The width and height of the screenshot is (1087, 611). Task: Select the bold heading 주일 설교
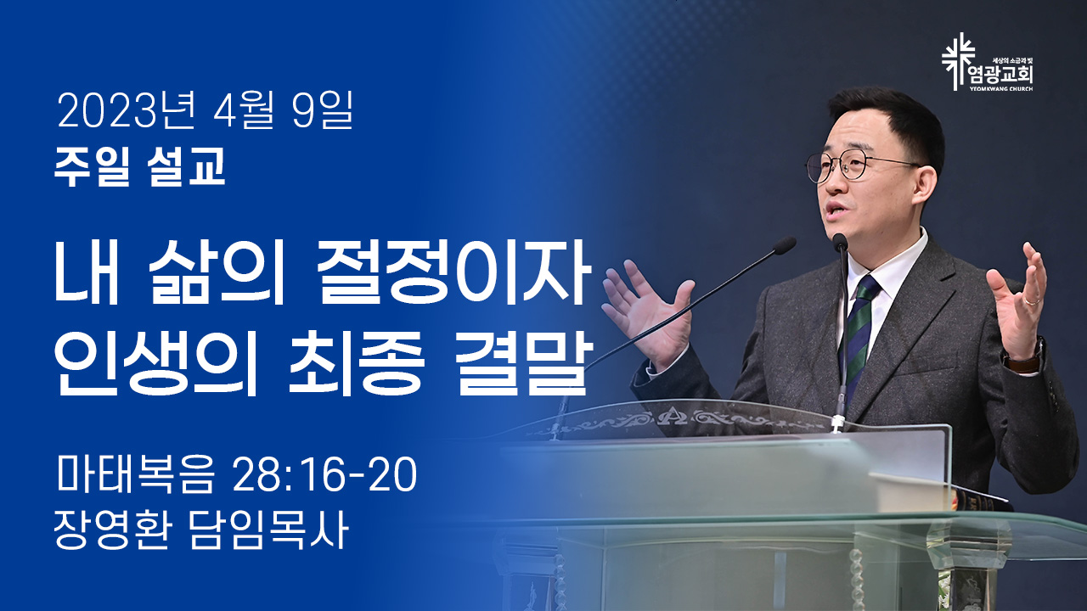[x=140, y=166]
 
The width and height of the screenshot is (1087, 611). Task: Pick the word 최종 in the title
[x=355, y=366]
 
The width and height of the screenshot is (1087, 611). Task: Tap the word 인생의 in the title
[x=155, y=366]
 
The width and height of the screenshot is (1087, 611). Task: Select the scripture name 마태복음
[x=134, y=474]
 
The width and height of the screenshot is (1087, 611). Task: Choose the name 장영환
[x=112, y=530]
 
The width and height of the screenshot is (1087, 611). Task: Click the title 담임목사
[x=268, y=530]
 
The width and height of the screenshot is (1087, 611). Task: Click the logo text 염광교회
[x=1000, y=75]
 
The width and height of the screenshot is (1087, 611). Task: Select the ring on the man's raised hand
[x=1032, y=301]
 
